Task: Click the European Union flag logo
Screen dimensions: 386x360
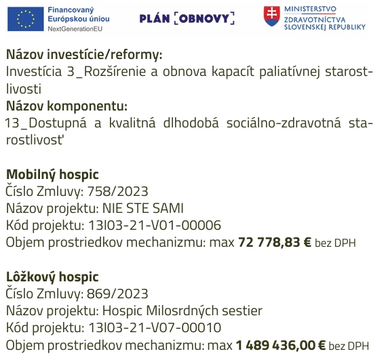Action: click(25, 18)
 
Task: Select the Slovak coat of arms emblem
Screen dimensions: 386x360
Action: click(271, 17)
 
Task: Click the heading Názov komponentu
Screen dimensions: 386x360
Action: click(66, 106)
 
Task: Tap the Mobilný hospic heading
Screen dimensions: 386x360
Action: click(52, 174)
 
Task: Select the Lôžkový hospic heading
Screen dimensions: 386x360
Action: click(52, 277)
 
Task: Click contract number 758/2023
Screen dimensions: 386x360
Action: click(116, 191)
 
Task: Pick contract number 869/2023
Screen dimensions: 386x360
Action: click(116, 294)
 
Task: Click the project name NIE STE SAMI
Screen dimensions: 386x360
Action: click(143, 208)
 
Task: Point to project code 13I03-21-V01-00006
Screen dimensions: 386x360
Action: click(153, 225)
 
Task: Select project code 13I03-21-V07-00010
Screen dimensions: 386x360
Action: click(153, 328)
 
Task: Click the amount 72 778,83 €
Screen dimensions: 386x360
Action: click(274, 242)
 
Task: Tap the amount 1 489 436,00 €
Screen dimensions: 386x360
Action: click(281, 345)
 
